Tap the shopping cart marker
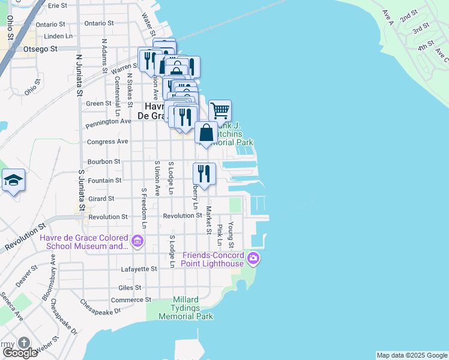[x=220, y=110]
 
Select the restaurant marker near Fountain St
[x=204, y=174]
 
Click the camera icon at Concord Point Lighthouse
[x=253, y=259]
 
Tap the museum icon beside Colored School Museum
[x=137, y=241]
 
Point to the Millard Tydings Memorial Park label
[x=185, y=308]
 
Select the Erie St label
[x=58, y=5]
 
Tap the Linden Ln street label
[x=61, y=36]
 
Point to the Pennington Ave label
[x=109, y=121]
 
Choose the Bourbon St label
[x=104, y=161]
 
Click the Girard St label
[x=101, y=199]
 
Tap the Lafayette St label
[x=139, y=269]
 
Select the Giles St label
[x=130, y=287]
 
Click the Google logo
[x=19, y=353]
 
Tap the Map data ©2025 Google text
[x=411, y=355]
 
